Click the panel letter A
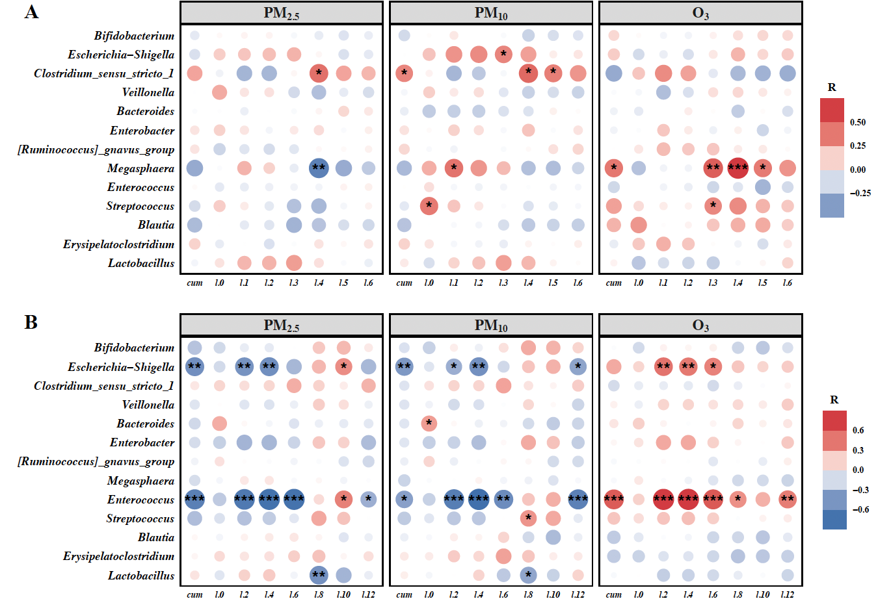point(31,12)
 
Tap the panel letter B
point(31,322)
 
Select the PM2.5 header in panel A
point(281,13)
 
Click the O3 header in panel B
point(700,325)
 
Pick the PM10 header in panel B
point(491,325)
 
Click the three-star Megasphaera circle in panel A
point(738,168)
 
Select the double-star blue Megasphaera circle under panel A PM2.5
point(319,168)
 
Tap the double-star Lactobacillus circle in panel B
point(319,575)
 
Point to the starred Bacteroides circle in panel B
point(429,424)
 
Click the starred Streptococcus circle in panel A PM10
point(429,206)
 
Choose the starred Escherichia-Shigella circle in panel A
point(503,55)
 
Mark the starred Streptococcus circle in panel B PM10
point(528,518)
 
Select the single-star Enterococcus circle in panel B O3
point(738,500)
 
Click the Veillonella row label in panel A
point(148,92)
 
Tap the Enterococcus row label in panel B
point(140,500)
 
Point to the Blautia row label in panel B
point(156,537)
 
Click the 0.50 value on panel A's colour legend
point(858,122)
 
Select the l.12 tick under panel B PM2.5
point(368,594)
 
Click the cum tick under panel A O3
point(613,283)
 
